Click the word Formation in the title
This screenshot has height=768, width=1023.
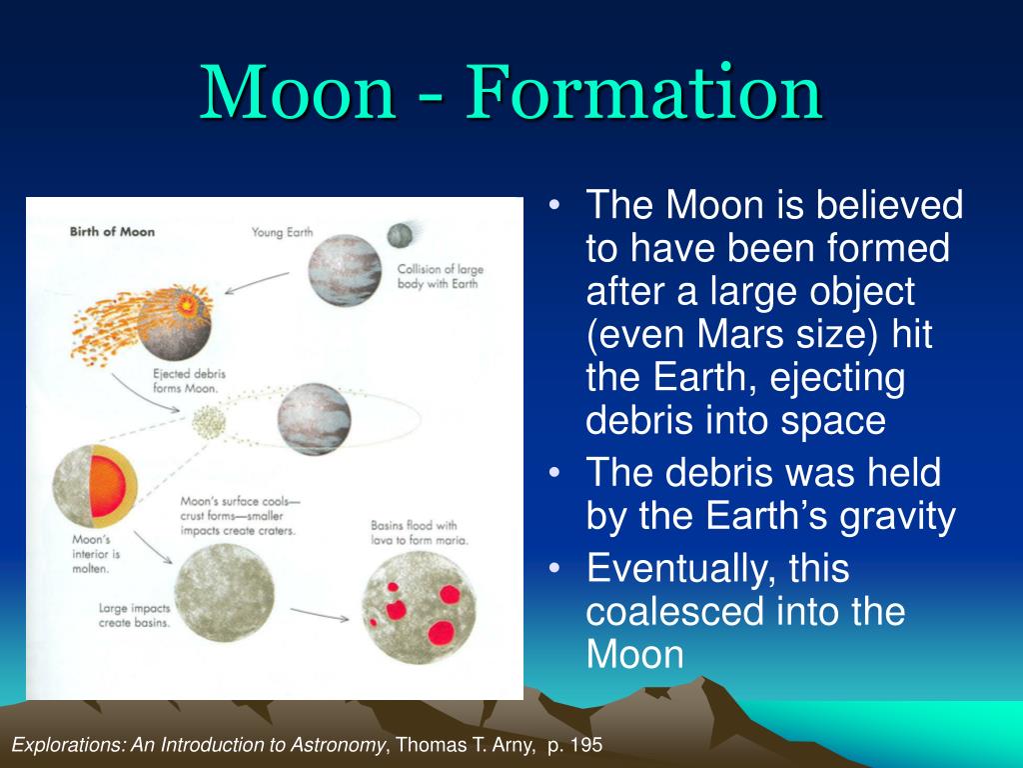643,92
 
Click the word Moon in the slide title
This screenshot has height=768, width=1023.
298,92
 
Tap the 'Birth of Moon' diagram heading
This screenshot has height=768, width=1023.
112,232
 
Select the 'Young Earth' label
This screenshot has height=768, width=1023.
283,232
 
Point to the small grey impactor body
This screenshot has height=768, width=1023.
400,235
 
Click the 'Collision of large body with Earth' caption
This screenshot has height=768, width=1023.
440,276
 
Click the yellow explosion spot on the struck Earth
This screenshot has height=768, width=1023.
187,303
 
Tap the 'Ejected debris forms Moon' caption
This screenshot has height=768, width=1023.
189,381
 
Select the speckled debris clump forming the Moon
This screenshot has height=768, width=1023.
209,422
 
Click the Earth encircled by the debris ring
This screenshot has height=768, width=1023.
314,419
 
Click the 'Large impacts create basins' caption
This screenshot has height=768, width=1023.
134,615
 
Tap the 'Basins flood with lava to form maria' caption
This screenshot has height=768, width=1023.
419,532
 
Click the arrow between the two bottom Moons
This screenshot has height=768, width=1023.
319,615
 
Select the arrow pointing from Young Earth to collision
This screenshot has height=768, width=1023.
257,283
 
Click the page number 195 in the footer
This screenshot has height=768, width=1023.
584,744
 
